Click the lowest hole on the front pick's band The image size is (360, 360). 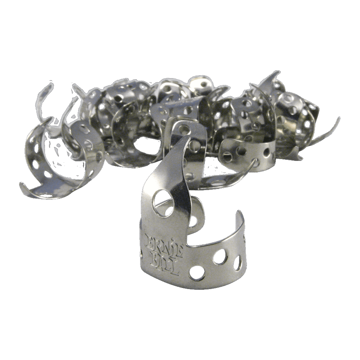point(197,273)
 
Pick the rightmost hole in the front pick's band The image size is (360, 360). point(237,262)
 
